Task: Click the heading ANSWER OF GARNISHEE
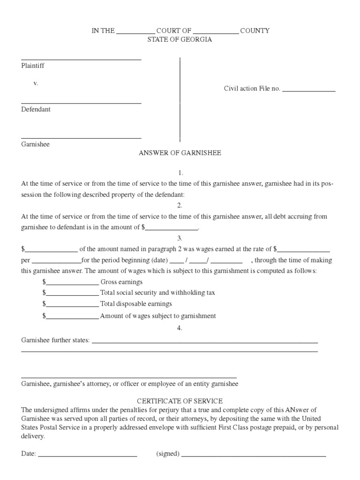coord(180,153)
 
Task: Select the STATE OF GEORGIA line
coord(180,39)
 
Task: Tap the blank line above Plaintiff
coord(81,59)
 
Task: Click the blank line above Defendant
coord(81,103)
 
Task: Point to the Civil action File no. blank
coord(308,90)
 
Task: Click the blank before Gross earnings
coord(72,284)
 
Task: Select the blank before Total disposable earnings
coord(72,306)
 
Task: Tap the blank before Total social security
coord(72,295)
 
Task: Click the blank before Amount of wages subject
coord(72,318)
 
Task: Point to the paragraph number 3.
coord(180,239)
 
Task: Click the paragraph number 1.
coord(180,173)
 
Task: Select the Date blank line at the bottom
coord(87,456)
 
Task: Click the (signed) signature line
coord(254,456)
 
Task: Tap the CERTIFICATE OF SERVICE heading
coord(180,401)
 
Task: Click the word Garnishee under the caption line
coord(35,144)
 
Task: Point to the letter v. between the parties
coord(35,83)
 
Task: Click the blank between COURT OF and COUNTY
coord(216,33)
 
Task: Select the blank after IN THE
coord(135,33)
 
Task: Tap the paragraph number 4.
coord(180,328)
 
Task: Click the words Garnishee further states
coord(55,340)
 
